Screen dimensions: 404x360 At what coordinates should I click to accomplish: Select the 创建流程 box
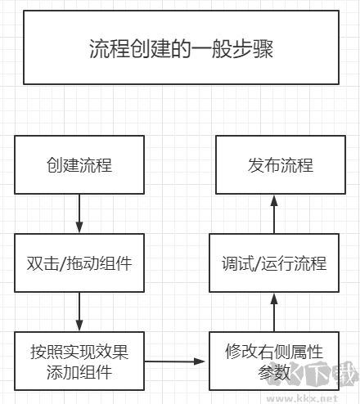(x=79, y=165)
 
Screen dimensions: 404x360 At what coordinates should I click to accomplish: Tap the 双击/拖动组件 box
(x=79, y=263)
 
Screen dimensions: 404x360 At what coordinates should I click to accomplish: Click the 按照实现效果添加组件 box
(x=79, y=361)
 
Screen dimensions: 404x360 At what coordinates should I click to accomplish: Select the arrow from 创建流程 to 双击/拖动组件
(x=79, y=213)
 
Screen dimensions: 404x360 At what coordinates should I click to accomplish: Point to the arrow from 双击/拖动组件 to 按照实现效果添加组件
(x=79, y=312)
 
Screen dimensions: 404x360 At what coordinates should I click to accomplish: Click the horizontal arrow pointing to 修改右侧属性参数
(x=176, y=361)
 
